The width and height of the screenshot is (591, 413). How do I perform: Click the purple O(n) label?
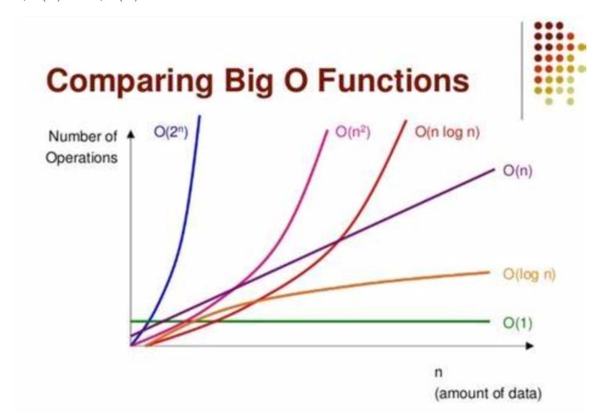coord(517,172)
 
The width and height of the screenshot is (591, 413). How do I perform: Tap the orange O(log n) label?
coord(529,273)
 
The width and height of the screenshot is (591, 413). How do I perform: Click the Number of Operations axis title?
coord(83,146)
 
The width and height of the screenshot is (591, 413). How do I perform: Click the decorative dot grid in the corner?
coord(558,63)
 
